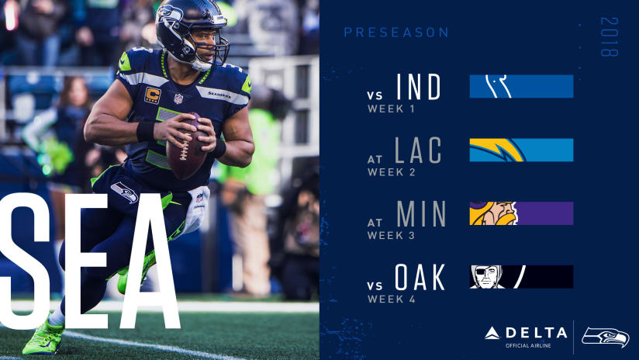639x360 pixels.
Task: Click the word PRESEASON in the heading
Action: (395, 33)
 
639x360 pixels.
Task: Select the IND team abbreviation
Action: (418, 87)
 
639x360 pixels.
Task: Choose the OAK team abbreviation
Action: (420, 277)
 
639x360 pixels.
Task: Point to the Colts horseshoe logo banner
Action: (521, 86)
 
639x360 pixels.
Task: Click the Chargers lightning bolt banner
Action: (521, 150)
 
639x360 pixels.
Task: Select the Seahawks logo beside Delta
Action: (606, 336)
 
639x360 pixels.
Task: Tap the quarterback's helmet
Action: (189, 31)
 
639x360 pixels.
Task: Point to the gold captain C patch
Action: (153, 96)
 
